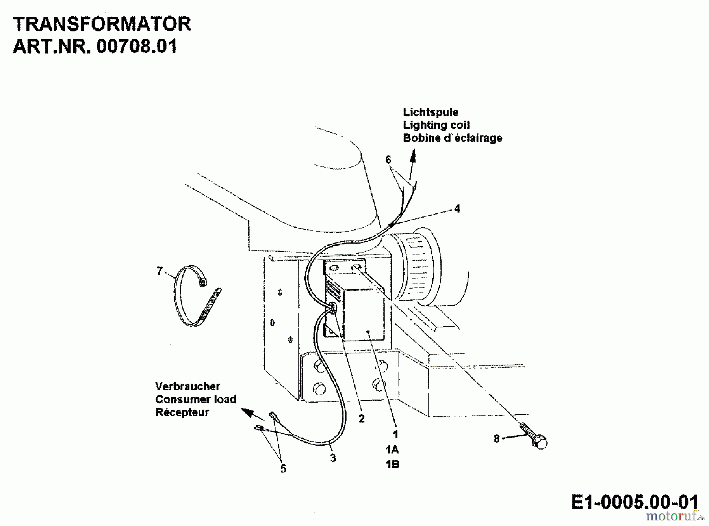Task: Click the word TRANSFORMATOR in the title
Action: pyautogui.click(x=102, y=24)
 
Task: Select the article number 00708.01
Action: pyautogui.click(x=136, y=46)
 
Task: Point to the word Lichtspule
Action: pyautogui.click(x=431, y=112)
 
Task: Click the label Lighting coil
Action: pyautogui.click(x=436, y=125)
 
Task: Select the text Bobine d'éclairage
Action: pyautogui.click(x=453, y=138)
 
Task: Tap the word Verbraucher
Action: pyautogui.click(x=187, y=386)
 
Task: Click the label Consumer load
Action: pyautogui.click(x=195, y=399)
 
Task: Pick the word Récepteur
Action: pyautogui.click(x=182, y=412)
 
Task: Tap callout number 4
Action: pyautogui.click(x=457, y=208)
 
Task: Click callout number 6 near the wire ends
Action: pyautogui.click(x=388, y=160)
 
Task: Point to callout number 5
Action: pyautogui.click(x=283, y=469)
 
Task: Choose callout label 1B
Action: pyautogui.click(x=392, y=464)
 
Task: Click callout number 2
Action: pyautogui.click(x=362, y=419)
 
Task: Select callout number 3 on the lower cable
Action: pyautogui.click(x=333, y=458)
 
